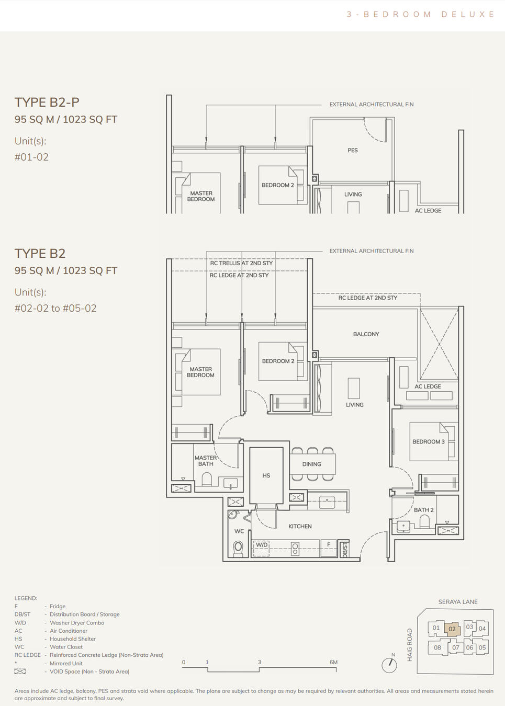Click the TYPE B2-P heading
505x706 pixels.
tap(47, 103)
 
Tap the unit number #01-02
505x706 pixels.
tap(31, 157)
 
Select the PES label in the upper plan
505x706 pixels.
tap(353, 151)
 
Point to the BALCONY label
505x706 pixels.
tap(366, 334)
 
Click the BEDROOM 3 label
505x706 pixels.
tap(428, 442)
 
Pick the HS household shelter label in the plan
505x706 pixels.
tap(266, 476)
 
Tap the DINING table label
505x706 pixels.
tap(311, 464)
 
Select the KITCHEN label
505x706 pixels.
tap(300, 527)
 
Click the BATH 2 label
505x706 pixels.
tap(423, 510)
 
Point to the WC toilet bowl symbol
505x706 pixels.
tap(238, 547)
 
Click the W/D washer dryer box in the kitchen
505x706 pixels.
tap(262, 545)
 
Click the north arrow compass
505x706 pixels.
tap(389, 665)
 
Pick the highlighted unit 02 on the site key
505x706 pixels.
tap(452, 629)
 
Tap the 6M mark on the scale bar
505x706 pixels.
tap(334, 663)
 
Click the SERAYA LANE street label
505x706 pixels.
tap(458, 602)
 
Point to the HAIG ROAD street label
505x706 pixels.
tap(410, 645)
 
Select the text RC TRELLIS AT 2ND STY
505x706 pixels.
tap(241, 263)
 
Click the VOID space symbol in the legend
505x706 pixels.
tap(20, 671)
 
